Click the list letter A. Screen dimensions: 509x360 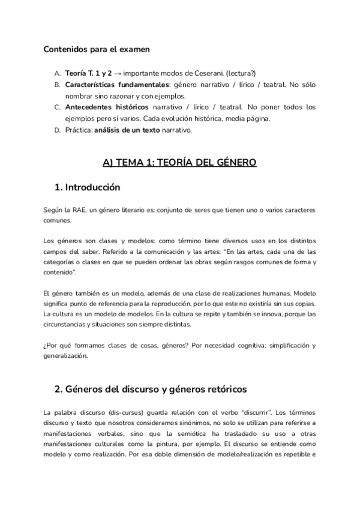coord(56,73)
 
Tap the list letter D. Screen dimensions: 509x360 coord(56,130)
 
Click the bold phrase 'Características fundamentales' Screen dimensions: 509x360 coord(118,85)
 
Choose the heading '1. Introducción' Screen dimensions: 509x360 coord(87,187)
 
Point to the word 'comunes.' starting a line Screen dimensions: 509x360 coord(56,220)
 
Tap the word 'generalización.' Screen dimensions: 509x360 coord(66,355)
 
